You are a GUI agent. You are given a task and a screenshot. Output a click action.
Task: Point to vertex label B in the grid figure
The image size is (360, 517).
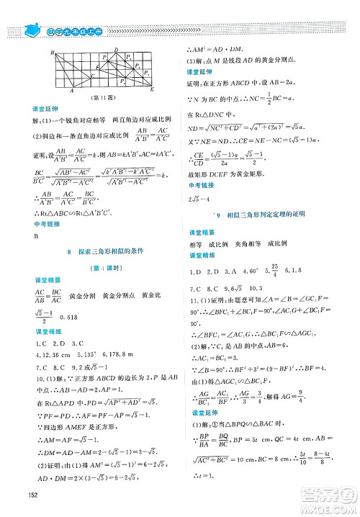point(53,54)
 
